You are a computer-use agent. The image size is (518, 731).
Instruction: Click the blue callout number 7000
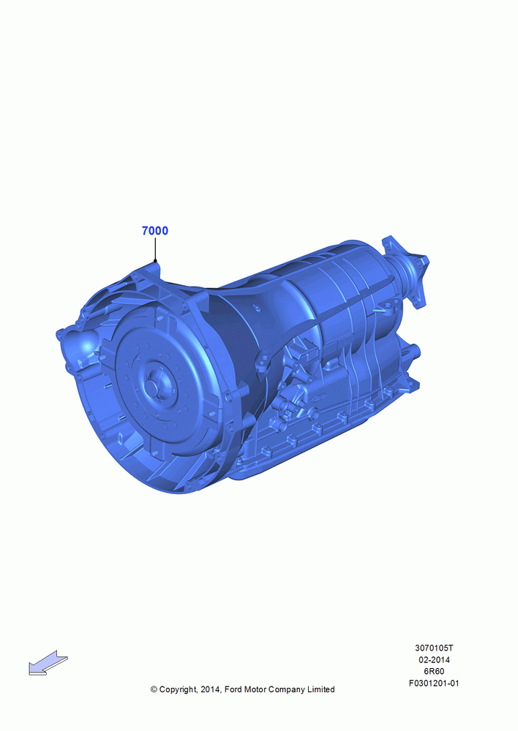[x=155, y=231]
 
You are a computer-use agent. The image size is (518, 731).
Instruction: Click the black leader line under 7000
[x=155, y=249]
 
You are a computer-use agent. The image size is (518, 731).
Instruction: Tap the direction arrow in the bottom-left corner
[x=48, y=663]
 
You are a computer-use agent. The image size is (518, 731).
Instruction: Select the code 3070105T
[x=434, y=648]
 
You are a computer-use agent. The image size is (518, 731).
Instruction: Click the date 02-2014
[x=434, y=659]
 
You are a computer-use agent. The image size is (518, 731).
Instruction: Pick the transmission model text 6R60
[x=434, y=671]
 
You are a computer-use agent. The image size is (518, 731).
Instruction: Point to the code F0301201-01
[x=434, y=683]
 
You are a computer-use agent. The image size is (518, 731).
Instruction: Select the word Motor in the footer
[x=255, y=689]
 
